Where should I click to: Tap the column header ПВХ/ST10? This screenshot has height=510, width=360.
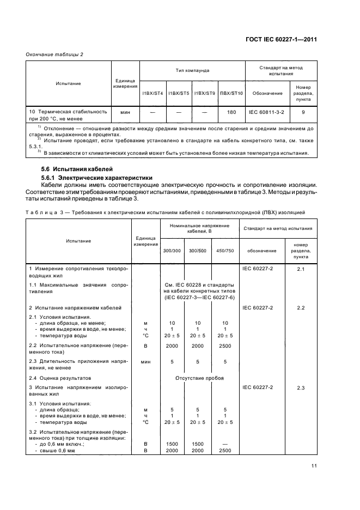[x=230, y=93]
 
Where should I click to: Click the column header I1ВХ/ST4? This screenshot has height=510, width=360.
[x=152, y=93]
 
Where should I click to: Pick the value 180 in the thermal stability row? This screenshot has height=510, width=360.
[x=230, y=112]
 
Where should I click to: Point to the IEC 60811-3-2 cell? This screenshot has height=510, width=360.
[x=267, y=112]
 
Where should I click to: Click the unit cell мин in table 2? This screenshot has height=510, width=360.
[x=125, y=112]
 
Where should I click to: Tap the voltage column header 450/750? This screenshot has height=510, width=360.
[x=224, y=250]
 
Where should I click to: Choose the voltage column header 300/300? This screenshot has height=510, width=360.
[x=171, y=250]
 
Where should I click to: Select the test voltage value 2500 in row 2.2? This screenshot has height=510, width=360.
[x=224, y=346]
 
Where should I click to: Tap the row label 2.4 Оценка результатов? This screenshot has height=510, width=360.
[x=60, y=378]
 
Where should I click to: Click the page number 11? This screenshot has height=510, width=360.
[x=314, y=465]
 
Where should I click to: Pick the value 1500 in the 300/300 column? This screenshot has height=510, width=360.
[x=171, y=444]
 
